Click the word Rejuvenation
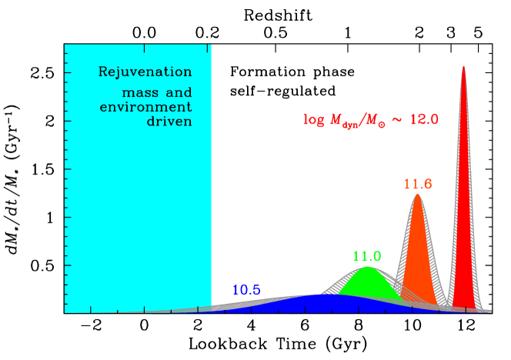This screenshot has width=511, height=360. pyautogui.click(x=145, y=72)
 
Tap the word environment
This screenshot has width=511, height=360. pyautogui.click(x=145, y=107)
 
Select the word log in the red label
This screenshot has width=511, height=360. pyautogui.click(x=313, y=119)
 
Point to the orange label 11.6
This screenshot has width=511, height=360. pyautogui.click(x=418, y=184)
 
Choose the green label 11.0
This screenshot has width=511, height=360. pyautogui.click(x=367, y=256)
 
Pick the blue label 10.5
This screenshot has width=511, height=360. pyautogui.click(x=246, y=290)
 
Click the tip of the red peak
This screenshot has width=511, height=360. pyautogui.click(x=463, y=67)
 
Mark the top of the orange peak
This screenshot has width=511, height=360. pyautogui.click(x=417, y=195)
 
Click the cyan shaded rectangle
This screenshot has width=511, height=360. pyautogui.click(x=138, y=215)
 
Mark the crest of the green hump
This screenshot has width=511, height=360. pyautogui.click(x=368, y=267)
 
